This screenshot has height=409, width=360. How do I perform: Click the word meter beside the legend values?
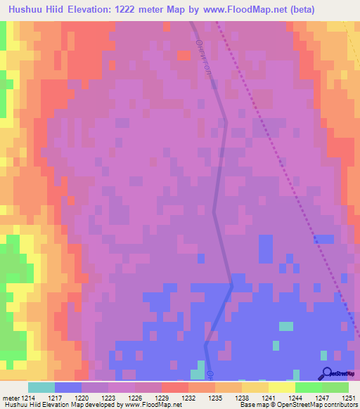pyautogui.click(x=9, y=398)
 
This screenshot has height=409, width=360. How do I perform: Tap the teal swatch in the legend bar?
pyautogui.click(x=41, y=387)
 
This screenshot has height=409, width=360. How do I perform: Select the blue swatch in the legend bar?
pyautogui.click(x=68, y=387)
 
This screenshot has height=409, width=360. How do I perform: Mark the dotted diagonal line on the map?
pyautogui.click(x=281, y=169)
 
